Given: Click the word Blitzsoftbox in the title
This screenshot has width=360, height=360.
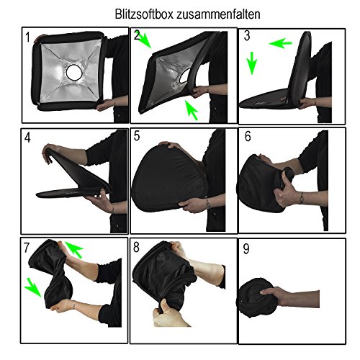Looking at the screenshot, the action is tap(144, 14).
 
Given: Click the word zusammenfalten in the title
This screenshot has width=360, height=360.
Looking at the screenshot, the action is tap(218, 14).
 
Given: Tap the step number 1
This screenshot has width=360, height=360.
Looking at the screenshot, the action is tap(28, 37).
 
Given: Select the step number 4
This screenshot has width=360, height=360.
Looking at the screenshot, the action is tap(27, 138).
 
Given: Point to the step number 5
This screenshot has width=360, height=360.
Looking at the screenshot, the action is tap(137, 136).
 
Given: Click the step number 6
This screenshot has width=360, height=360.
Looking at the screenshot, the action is tap(248, 136).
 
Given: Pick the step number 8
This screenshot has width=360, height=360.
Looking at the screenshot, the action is tap(136, 247).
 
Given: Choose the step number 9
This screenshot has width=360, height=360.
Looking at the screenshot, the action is tap(246, 248).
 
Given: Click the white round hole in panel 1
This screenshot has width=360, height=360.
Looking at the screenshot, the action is tap(74, 72).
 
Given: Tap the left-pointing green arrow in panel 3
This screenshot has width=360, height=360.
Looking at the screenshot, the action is tap(280, 43).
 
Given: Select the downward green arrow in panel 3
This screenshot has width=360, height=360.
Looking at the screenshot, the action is tap(252, 63).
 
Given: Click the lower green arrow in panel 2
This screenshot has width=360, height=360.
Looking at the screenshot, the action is tap(192, 110).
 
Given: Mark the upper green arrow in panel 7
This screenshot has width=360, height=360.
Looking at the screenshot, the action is tap(74, 250).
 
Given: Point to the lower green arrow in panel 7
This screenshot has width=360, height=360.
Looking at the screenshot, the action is tap(33, 287).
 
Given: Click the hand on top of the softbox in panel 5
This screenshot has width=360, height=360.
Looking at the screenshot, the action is tap(170, 145).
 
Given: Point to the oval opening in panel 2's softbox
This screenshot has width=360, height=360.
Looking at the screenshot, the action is tap(184, 76).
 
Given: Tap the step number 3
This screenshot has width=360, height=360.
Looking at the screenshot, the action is tap(247, 36).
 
